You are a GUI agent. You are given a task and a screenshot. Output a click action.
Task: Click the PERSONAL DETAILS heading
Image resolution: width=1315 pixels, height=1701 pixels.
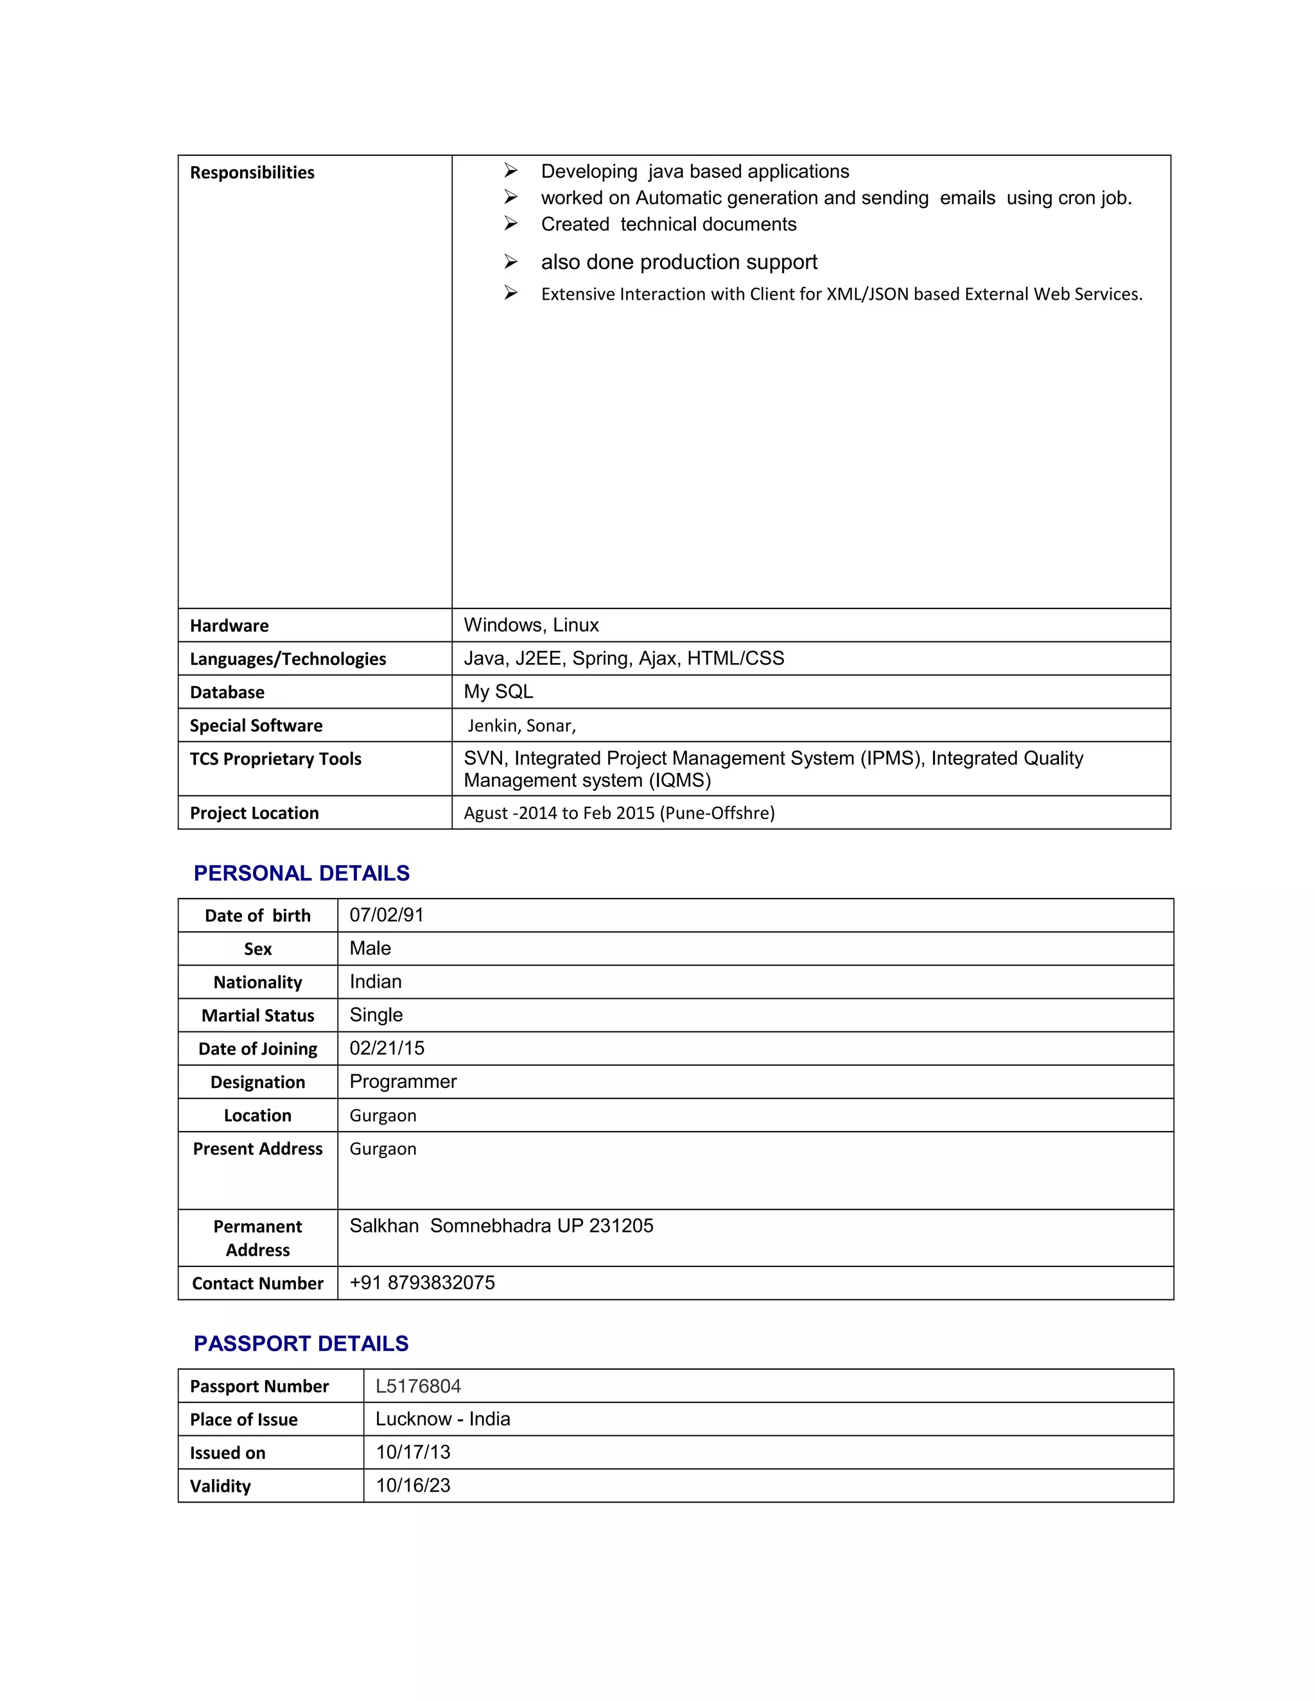tap(302, 873)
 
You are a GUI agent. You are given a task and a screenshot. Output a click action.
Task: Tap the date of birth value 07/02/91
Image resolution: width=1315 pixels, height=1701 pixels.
tap(387, 915)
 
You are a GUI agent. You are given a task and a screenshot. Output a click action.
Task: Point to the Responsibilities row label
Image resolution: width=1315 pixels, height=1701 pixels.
tap(252, 172)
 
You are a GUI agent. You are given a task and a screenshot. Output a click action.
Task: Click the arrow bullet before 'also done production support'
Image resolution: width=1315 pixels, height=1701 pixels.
tap(510, 262)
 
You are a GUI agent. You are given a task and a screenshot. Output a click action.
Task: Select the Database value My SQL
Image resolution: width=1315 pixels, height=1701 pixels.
tap(498, 691)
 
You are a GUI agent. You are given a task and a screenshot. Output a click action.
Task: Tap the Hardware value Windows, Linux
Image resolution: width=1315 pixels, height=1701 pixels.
tap(530, 625)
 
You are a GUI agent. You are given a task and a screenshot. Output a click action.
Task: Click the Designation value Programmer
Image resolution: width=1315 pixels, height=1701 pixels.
tap(403, 1082)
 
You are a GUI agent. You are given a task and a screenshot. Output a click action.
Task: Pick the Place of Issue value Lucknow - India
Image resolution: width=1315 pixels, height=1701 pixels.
tap(442, 1419)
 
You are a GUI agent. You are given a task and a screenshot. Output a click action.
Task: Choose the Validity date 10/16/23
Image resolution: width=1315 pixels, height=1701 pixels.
tap(413, 1485)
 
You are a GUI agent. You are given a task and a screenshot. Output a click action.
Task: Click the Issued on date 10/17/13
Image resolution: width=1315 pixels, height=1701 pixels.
tap(413, 1453)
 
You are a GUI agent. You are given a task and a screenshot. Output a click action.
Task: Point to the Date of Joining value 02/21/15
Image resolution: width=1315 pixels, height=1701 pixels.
tap(387, 1048)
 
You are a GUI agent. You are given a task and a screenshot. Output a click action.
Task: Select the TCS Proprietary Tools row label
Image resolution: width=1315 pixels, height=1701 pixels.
tap(275, 759)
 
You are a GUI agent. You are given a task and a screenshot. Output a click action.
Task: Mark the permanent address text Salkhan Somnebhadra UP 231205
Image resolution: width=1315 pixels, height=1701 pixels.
tap(501, 1226)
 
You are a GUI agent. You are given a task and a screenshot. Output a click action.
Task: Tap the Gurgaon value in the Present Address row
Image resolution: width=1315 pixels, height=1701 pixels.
tap(383, 1149)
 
